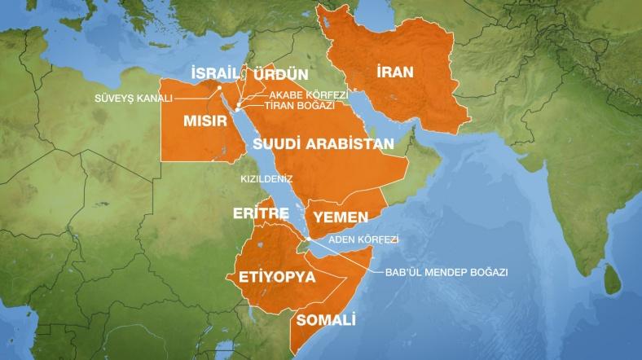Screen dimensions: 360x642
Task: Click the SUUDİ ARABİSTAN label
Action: coord(323,143)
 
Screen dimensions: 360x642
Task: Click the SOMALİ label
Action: coord(327,318)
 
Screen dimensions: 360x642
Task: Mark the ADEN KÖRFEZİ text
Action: coord(362,241)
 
